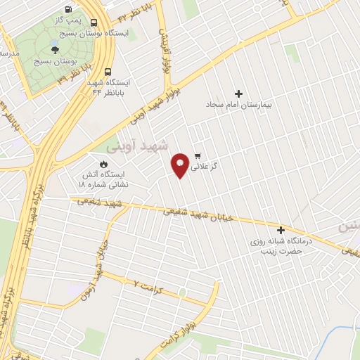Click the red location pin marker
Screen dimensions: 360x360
[181, 165]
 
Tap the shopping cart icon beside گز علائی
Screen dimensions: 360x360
[198, 156]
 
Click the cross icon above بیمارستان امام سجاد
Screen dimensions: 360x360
[238, 94]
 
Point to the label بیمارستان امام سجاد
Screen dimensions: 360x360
[238, 104]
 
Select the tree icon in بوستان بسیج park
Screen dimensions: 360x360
[56, 49]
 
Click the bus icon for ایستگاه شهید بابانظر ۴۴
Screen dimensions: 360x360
[108, 72]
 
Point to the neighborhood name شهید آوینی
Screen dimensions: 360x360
[139, 148]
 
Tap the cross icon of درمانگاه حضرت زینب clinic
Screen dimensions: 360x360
[281, 230]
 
